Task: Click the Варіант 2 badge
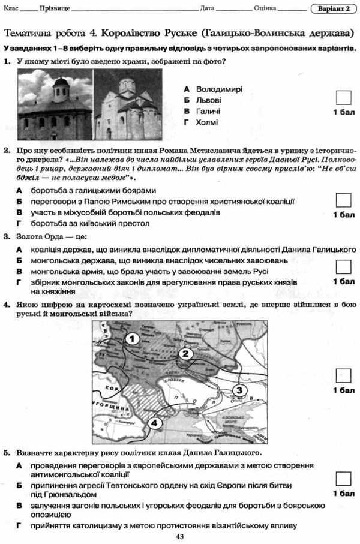coord(334,8)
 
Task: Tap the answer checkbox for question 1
coord(343,98)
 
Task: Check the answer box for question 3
coord(343,266)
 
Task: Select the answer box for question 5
coord(343,479)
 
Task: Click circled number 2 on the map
coord(185,353)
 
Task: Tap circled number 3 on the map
coord(238,390)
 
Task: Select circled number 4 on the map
coord(154,423)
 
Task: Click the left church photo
coord(55,104)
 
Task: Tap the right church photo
coord(127,104)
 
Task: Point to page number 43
coord(179,537)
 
